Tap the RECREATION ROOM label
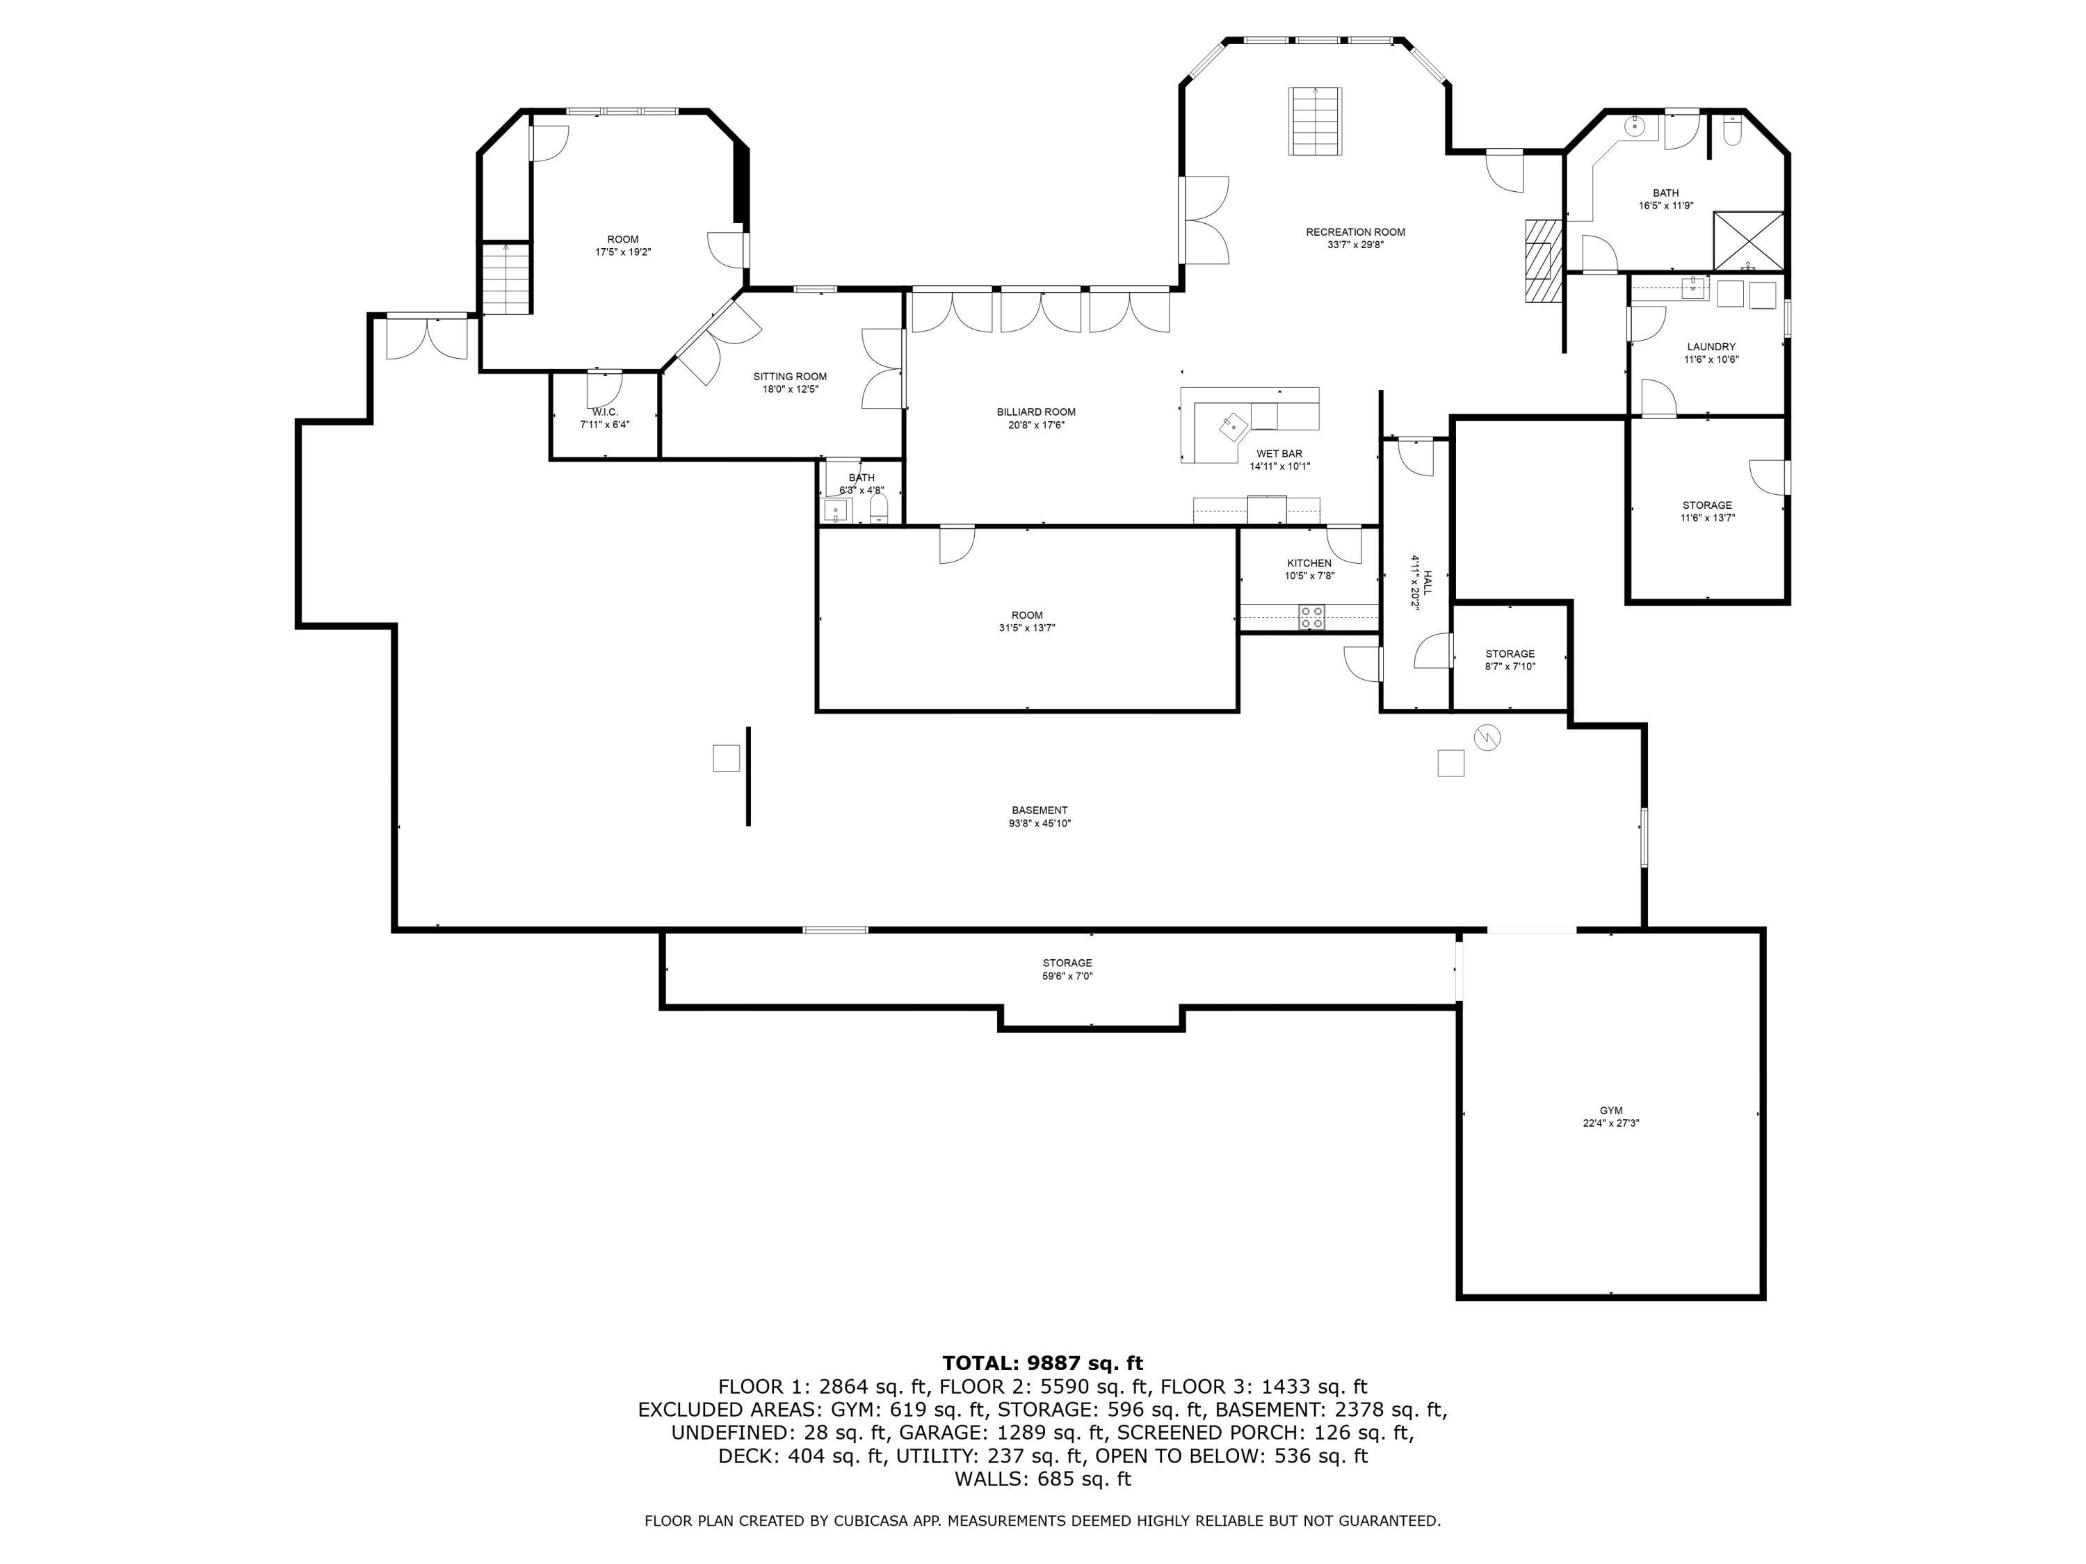pyautogui.click(x=1355, y=232)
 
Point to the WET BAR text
pyautogui.click(x=1279, y=453)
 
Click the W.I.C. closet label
pyautogui.click(x=604, y=412)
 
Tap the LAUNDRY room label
pyautogui.click(x=1711, y=347)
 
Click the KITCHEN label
pyautogui.click(x=1309, y=563)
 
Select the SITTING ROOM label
pyautogui.click(x=789, y=376)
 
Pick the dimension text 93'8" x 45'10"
pyautogui.click(x=1040, y=823)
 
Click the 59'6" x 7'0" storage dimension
pyautogui.click(x=1067, y=976)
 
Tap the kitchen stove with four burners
pyautogui.click(x=1311, y=617)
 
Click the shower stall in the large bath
pyautogui.click(x=1748, y=241)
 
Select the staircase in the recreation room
pyautogui.click(x=1316, y=121)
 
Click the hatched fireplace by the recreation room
pyautogui.click(x=1543, y=261)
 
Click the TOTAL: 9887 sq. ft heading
pyautogui.click(x=1042, y=1363)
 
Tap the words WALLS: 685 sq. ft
pyautogui.click(x=1042, y=1479)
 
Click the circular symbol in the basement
pyautogui.click(x=1487, y=738)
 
